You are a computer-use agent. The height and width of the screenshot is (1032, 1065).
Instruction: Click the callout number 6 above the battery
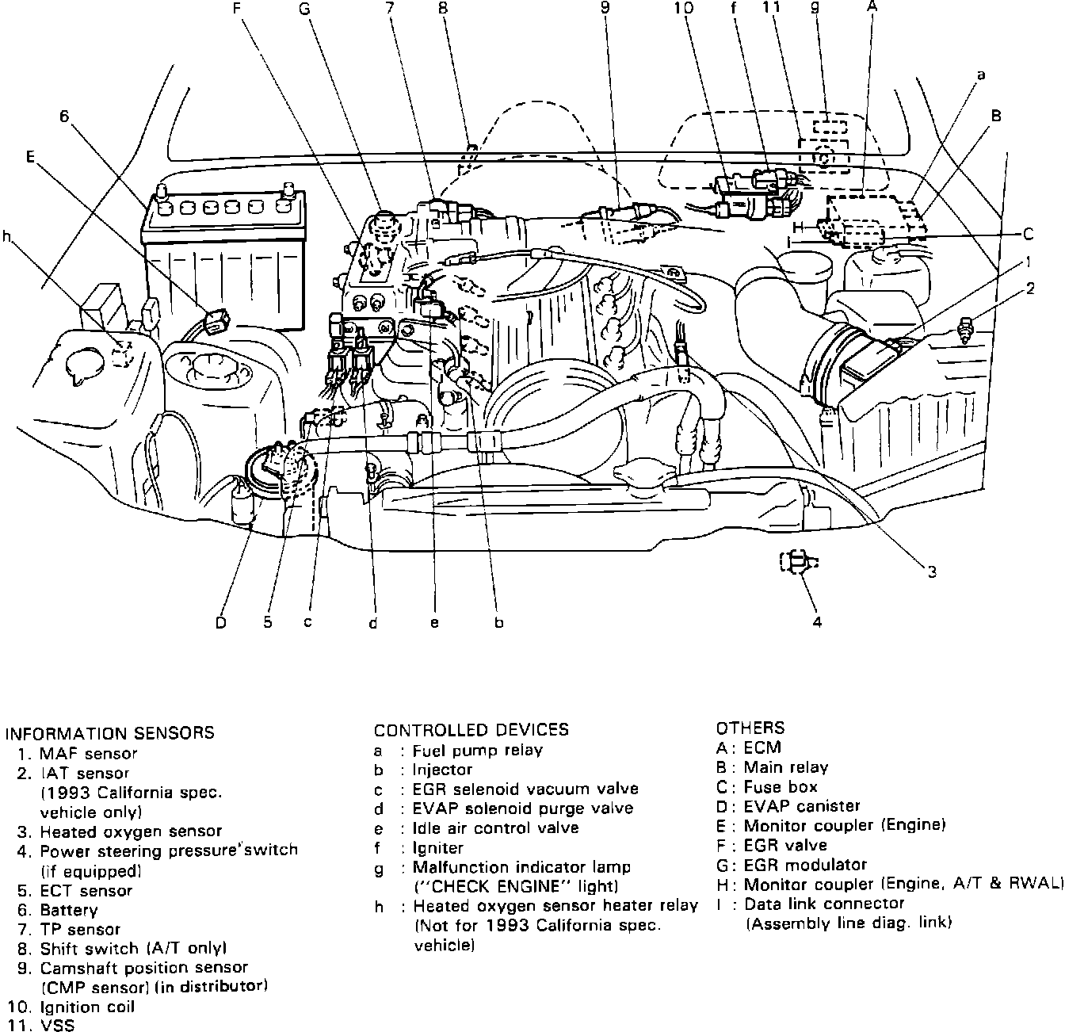[x=65, y=116]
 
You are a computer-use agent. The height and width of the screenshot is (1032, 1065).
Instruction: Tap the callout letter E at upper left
[x=30, y=156]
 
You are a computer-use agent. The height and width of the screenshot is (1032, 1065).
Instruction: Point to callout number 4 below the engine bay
[x=817, y=621]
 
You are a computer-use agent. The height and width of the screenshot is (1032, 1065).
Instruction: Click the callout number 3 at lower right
[x=933, y=571]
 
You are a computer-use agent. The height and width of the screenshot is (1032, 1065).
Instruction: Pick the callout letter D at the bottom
[x=221, y=623]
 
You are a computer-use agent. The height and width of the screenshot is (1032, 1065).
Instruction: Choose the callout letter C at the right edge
[x=1028, y=234]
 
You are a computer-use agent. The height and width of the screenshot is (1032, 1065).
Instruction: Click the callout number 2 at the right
[x=1030, y=289]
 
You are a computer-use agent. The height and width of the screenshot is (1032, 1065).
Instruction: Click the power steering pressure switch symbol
[x=799, y=562]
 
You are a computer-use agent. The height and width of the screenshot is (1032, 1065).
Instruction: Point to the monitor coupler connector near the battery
[x=216, y=321]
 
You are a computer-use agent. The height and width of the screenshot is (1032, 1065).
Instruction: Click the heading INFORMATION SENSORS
[x=109, y=733]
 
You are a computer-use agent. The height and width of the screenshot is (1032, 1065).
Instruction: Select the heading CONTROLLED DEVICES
[x=471, y=730]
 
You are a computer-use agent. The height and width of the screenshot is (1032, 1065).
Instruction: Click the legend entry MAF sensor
[x=88, y=754]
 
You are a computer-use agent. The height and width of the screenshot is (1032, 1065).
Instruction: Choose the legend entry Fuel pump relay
[x=477, y=750]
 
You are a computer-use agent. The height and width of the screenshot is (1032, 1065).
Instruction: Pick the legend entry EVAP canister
[x=801, y=806]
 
